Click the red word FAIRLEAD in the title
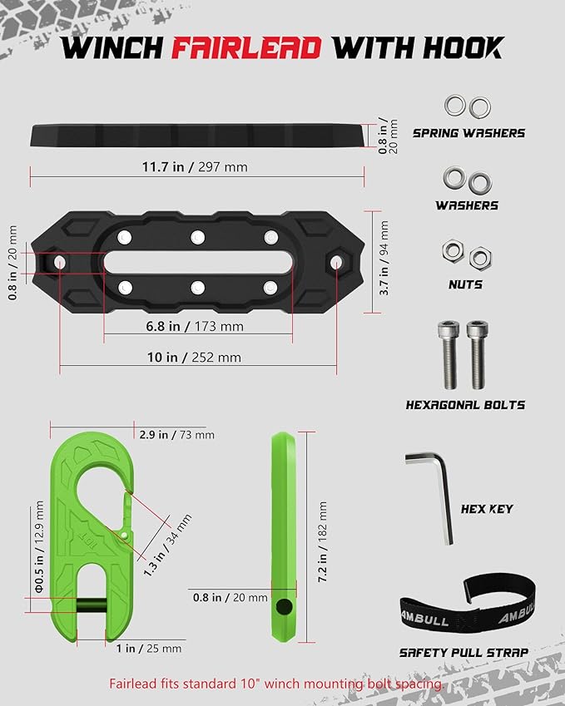point(246,47)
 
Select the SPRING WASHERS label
point(468,132)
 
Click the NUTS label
point(464,284)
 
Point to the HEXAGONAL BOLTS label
point(465,405)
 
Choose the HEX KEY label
point(487,508)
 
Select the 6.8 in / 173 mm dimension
point(198,327)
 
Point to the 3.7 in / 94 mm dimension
point(384,258)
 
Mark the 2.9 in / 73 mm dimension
point(176,435)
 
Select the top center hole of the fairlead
point(197,238)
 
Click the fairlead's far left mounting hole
point(60,263)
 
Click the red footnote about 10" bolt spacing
point(275,684)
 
